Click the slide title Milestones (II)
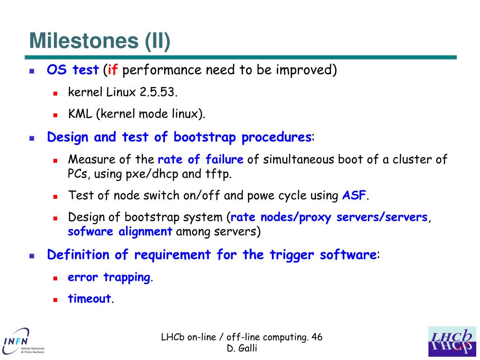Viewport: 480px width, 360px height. pyautogui.click(x=100, y=41)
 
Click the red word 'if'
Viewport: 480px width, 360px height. pyautogui.click(x=112, y=69)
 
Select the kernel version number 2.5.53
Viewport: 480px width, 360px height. pyautogui.click(x=158, y=92)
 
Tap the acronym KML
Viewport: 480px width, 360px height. pyautogui.click(x=80, y=114)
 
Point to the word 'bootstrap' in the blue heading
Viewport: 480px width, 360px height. pyautogui.click(x=204, y=137)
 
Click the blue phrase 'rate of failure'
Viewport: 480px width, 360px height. pyautogui.click(x=201, y=159)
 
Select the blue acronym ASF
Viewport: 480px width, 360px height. pyautogui.click(x=354, y=195)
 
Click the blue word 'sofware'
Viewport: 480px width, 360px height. pyautogui.click(x=90, y=231)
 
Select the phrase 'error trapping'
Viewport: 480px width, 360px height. pyautogui.click(x=109, y=277)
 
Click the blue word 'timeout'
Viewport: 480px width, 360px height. pyautogui.click(x=90, y=299)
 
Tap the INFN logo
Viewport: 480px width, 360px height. pyautogui.click(x=23, y=342)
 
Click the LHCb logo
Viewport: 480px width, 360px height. pyautogui.click(x=452, y=342)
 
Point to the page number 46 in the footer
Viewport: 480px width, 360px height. pyautogui.click(x=317, y=337)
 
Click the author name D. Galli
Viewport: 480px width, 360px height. pyautogui.click(x=242, y=348)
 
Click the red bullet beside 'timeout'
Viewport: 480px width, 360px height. pyautogui.click(x=55, y=300)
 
